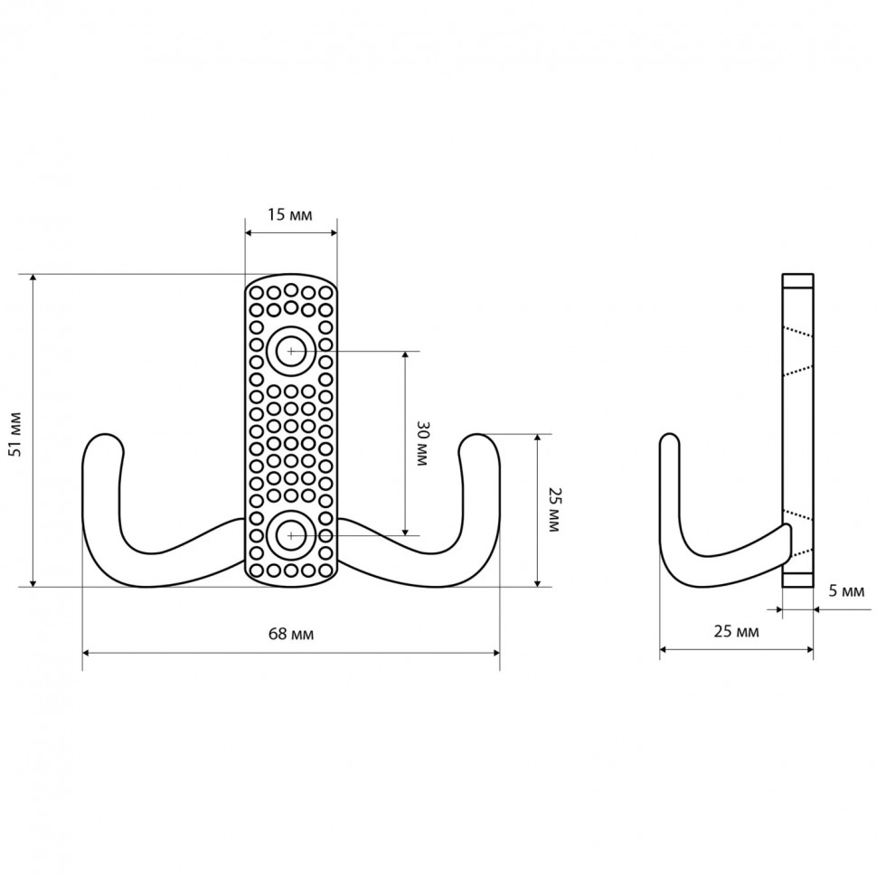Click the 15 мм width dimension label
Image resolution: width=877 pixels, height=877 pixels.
pyautogui.click(x=290, y=214)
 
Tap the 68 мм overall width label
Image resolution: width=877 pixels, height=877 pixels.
pyautogui.click(x=291, y=634)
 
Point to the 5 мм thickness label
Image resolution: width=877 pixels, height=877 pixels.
pyautogui.click(x=846, y=592)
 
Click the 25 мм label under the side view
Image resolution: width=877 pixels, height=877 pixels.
pyautogui.click(x=736, y=631)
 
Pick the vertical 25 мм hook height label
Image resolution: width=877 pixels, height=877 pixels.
pyautogui.click(x=553, y=509)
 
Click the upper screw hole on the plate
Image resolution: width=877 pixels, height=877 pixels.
pyautogui.click(x=291, y=350)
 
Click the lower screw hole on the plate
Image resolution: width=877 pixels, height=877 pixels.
pyautogui.click(x=291, y=535)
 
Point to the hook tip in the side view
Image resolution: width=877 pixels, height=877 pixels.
pyautogui.click(x=669, y=441)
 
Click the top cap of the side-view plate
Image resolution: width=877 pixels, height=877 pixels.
pyautogui.click(x=797, y=279)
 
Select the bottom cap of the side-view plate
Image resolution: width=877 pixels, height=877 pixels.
pyautogui.click(x=797, y=580)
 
